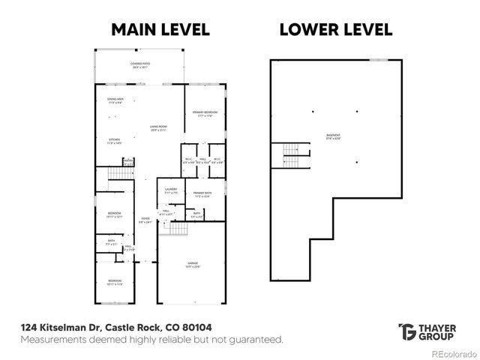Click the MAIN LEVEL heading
coord(160,29)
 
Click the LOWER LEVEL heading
coord(336,29)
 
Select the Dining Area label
coord(115,100)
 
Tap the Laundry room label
coord(171,191)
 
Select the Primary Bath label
coord(202,195)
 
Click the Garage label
coord(193,265)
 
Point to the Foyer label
coord(145,221)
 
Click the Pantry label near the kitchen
coord(128,161)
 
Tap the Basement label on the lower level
coord(333,136)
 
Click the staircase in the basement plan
coord(291,156)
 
